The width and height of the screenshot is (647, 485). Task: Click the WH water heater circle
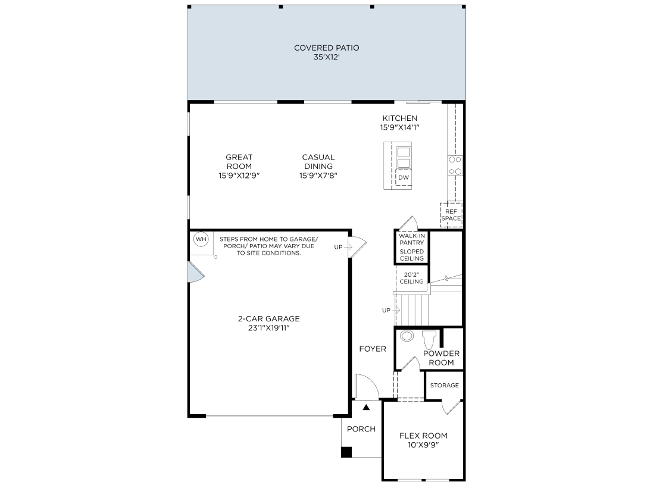201,239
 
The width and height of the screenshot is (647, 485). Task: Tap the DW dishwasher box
404,178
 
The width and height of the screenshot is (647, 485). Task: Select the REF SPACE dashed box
451,214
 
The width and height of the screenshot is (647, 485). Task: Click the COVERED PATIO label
326,48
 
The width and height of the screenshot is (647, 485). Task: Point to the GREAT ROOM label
239,162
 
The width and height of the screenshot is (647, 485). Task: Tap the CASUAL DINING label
318,162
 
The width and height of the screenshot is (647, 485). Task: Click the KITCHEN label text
399,118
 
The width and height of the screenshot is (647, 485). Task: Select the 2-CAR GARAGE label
268,318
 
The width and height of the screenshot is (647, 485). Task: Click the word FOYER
373,349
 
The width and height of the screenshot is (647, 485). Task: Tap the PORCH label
361,429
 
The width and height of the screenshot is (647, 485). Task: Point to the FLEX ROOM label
423,436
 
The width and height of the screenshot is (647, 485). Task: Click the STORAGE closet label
445,385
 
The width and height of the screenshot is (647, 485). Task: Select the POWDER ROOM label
441,358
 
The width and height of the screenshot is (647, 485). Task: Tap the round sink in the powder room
407,336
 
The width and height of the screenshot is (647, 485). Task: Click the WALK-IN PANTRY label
412,239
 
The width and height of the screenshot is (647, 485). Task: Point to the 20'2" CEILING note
412,278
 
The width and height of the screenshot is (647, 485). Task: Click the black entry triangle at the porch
367,407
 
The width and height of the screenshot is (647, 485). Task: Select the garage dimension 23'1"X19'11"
268,328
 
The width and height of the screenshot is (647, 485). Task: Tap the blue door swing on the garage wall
195,272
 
